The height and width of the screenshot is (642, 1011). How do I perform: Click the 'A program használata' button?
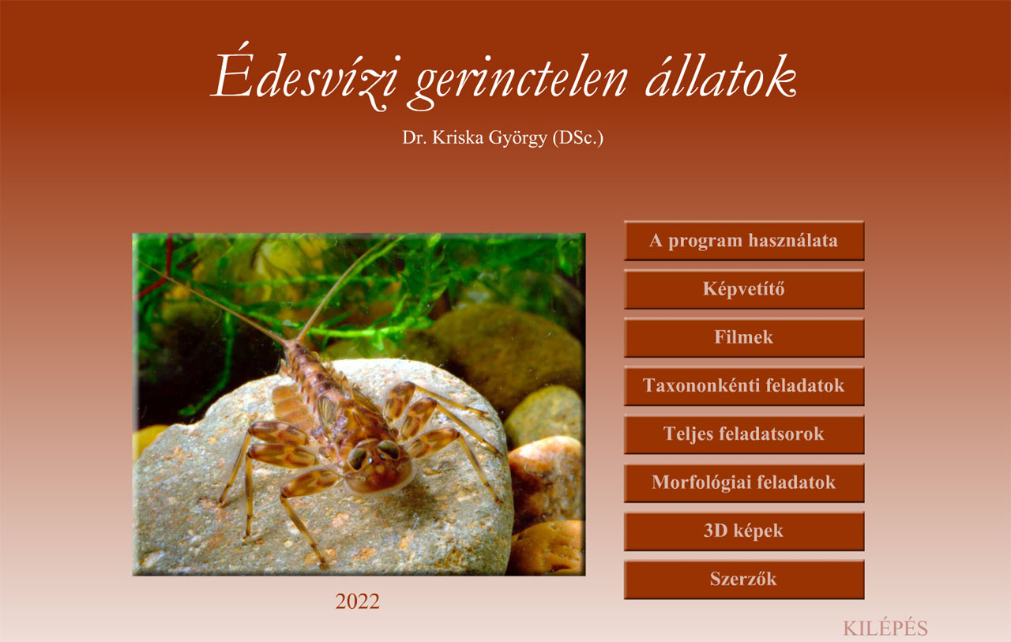(x=744, y=241)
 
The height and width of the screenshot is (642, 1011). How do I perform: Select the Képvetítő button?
(x=744, y=289)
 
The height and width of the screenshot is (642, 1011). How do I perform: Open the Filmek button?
(x=744, y=337)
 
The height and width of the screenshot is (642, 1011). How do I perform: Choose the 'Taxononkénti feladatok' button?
(x=744, y=385)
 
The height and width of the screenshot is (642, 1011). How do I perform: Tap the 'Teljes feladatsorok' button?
(x=744, y=434)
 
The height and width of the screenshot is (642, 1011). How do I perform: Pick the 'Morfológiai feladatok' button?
(x=744, y=482)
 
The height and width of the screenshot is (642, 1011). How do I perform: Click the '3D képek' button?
(x=744, y=531)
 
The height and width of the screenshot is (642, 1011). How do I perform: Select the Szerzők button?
(x=744, y=579)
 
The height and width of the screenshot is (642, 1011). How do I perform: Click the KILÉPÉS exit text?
(x=885, y=628)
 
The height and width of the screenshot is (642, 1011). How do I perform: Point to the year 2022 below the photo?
(x=358, y=602)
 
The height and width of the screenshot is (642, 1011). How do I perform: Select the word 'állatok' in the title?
(x=721, y=74)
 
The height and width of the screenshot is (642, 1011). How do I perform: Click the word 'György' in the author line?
(x=518, y=138)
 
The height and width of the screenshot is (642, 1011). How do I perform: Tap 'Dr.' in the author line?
(x=415, y=138)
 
